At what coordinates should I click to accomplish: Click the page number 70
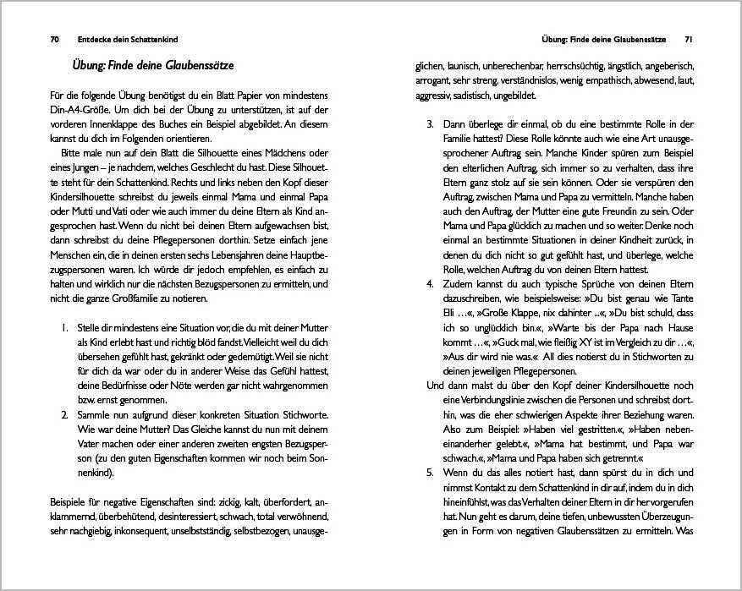(55, 40)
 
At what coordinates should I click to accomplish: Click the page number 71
(689, 40)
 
